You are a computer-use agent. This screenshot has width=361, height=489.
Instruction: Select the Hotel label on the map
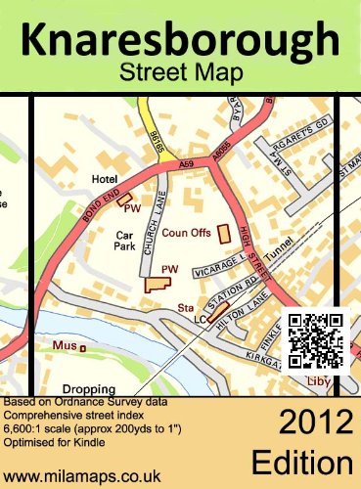(x=103, y=180)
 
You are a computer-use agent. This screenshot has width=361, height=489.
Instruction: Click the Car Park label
(x=123, y=243)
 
